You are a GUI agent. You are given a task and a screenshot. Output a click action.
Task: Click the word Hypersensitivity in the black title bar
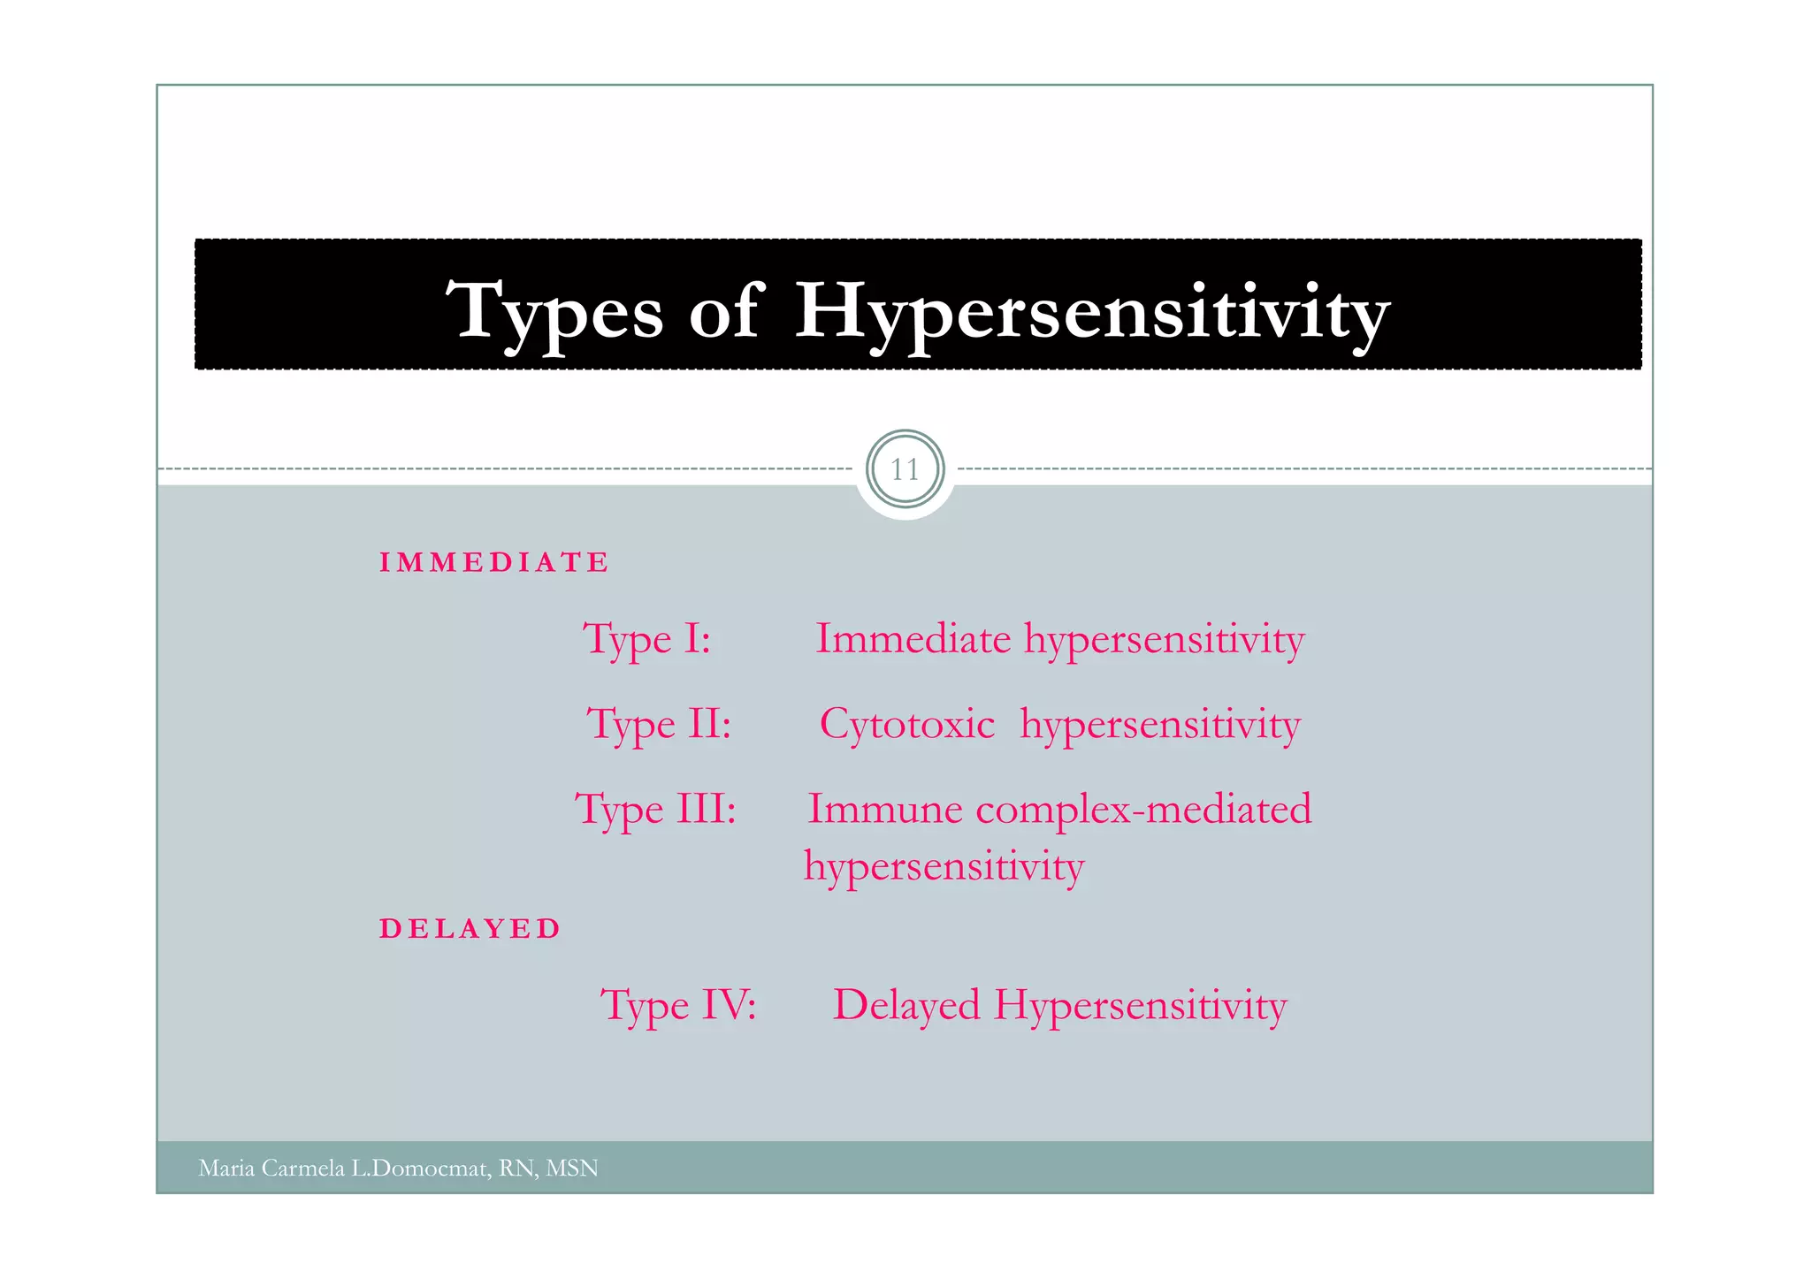[x=1092, y=311]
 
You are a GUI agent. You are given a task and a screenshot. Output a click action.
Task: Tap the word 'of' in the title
[x=723, y=311]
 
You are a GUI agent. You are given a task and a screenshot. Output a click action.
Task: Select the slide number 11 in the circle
[x=905, y=469]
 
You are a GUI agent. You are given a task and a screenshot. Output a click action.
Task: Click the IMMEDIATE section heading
[x=494, y=562]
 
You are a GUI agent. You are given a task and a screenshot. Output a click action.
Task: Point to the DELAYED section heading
[x=470, y=929]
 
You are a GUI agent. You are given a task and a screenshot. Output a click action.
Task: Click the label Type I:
[x=646, y=639]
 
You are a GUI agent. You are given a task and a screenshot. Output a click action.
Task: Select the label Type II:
[x=660, y=725]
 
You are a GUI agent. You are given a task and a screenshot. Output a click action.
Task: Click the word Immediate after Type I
[x=913, y=638]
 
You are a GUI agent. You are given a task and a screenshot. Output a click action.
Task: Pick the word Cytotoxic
[x=907, y=724]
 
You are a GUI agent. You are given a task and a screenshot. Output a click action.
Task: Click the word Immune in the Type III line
[x=885, y=809]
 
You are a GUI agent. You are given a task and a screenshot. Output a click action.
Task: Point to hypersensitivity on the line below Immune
[x=944, y=866]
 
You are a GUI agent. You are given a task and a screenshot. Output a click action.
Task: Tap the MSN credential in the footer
[x=572, y=1169]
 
